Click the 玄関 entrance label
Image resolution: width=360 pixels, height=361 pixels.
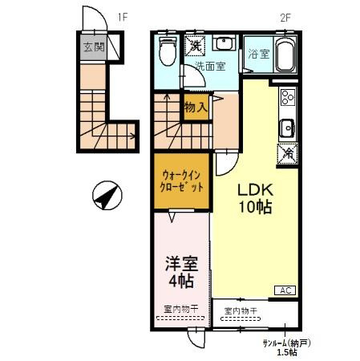[94, 47]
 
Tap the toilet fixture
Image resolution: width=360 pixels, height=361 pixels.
[168, 51]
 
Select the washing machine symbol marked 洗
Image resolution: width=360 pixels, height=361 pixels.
[195, 46]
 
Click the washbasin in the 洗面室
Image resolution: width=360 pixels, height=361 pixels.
[224, 43]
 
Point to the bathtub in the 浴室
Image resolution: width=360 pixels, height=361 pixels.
[285, 55]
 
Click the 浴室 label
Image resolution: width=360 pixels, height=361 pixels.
[258, 54]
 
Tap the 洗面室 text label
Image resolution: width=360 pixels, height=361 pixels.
[210, 66]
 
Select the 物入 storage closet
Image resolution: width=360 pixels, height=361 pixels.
[196, 107]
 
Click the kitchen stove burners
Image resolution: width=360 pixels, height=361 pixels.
[288, 96]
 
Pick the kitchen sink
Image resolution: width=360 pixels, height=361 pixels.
[287, 128]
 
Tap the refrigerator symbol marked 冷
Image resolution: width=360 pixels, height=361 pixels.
[288, 153]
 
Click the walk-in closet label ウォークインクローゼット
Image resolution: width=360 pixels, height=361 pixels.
[181, 181]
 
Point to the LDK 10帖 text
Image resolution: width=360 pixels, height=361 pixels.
[256, 198]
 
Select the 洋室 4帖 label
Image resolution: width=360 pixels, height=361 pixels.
[181, 272]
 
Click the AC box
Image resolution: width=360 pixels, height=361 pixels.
[285, 290]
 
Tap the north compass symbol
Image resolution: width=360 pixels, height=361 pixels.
[107, 195]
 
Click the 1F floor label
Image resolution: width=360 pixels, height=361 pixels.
[123, 18]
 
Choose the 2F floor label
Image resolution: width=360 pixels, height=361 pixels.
[285, 18]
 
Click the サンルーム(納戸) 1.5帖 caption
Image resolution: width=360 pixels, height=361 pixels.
[287, 347]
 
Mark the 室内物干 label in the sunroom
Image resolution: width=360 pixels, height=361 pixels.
[241, 311]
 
